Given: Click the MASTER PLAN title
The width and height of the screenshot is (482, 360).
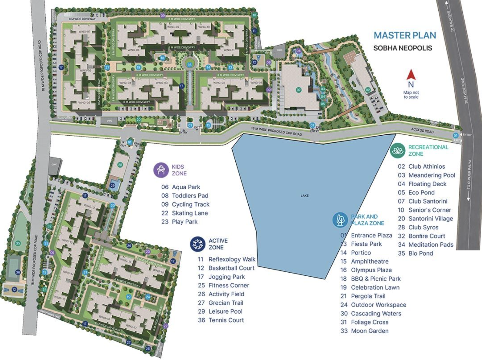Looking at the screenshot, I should coord(405,35).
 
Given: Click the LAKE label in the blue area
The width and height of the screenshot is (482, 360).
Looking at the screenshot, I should coord(304,195).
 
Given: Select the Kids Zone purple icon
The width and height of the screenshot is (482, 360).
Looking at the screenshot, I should coord(161,170).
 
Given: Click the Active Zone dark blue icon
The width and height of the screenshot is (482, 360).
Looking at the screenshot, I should coord(197,244).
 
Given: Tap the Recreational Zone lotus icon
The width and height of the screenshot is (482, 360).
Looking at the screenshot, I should coord(398,151).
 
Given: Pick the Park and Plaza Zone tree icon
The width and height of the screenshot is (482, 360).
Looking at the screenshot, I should coord(340,220).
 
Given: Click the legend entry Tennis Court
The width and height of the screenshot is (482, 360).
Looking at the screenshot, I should coord(226,320).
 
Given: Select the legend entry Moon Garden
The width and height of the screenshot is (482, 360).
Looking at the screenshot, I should coord(369,331).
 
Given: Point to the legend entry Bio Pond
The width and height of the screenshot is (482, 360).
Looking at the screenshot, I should coord(420,253).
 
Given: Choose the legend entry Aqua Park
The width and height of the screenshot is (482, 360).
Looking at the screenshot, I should coord(186,187).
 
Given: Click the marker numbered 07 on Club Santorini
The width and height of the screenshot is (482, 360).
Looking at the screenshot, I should coord(299,90).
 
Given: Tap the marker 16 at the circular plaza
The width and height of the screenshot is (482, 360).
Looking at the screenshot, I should coord(190,65).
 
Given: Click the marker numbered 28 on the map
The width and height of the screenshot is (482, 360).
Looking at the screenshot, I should coord(120,165).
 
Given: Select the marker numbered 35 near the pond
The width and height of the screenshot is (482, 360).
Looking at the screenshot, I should coord(18,243).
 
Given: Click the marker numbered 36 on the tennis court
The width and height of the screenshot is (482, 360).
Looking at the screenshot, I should coord(18,272).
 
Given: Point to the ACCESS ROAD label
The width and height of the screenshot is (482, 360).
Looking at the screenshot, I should coord(422,130).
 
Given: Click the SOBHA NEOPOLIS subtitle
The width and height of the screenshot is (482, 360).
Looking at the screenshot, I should coord(403,48).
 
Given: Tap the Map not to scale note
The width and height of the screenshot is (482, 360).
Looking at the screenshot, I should coord(411,95).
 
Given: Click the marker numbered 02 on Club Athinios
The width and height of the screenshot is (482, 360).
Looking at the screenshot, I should coord(368,90).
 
